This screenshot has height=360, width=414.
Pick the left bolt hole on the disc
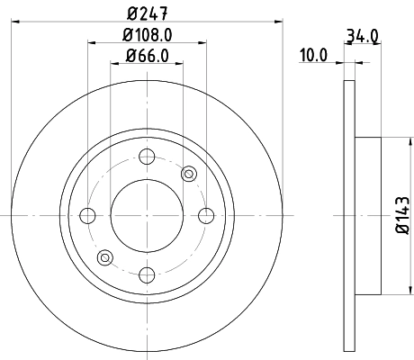click(88, 215)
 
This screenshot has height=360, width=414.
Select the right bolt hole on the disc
click(205, 215)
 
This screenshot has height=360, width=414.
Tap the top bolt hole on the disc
click(147, 157)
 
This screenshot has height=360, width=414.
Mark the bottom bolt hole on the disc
click(147, 274)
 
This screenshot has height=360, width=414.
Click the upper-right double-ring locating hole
click(189, 174)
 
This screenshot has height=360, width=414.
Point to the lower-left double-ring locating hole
click(105, 257)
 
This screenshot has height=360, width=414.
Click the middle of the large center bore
click(147, 215)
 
